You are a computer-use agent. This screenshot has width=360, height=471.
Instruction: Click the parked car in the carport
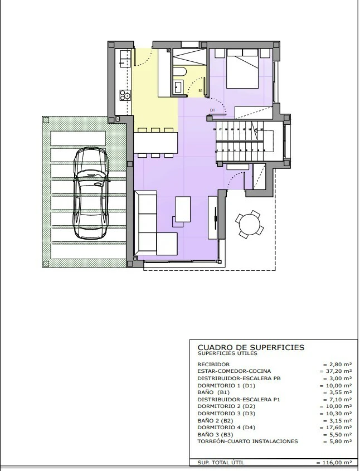91,192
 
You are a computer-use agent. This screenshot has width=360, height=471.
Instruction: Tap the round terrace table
249,224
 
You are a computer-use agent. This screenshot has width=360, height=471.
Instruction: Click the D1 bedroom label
212,110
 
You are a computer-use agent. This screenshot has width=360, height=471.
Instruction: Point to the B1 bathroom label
201,90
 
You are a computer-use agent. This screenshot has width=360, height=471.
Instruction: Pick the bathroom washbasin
179,86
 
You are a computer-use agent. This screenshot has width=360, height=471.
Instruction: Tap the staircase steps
240,139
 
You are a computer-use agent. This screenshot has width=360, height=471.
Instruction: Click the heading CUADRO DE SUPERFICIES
251,347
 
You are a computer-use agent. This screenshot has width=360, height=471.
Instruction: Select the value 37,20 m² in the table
336,371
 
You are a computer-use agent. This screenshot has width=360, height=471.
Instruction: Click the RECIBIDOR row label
213,364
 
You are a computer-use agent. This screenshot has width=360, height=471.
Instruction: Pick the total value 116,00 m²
334,463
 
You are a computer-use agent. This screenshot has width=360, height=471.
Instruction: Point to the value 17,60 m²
336,427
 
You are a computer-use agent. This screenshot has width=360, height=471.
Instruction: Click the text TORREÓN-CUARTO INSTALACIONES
247,441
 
